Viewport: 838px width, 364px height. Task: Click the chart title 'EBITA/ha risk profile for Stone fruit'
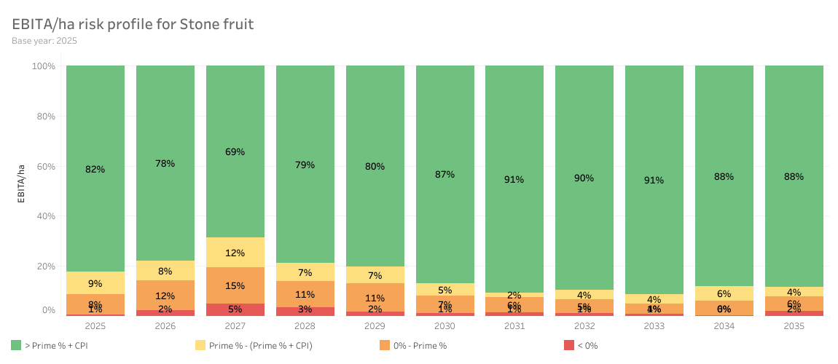click(x=133, y=24)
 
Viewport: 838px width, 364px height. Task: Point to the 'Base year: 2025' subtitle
click(x=44, y=41)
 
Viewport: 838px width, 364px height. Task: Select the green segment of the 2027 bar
click(x=235, y=151)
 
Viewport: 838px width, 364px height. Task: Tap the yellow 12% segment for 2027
click(x=235, y=253)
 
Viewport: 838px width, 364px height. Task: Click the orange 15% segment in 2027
click(x=235, y=285)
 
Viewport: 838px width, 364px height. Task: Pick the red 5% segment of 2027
click(x=235, y=309)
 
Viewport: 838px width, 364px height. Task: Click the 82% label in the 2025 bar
click(x=95, y=169)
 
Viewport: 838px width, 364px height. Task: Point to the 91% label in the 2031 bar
click(x=514, y=179)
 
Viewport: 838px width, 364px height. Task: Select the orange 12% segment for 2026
click(x=165, y=296)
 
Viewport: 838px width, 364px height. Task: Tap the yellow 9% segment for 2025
click(x=95, y=283)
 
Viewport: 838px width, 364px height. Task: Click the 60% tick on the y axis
click(x=44, y=166)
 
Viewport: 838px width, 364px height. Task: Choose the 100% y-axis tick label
click(x=43, y=66)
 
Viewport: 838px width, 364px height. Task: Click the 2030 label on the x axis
click(x=445, y=326)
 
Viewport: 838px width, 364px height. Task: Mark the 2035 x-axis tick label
click(x=794, y=326)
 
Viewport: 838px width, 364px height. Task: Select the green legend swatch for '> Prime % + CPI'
click(x=16, y=345)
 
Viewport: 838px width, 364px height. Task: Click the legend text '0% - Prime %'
click(x=419, y=346)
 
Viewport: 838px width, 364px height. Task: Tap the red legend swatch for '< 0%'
click(x=568, y=345)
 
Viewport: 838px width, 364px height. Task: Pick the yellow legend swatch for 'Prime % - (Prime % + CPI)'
click(x=200, y=345)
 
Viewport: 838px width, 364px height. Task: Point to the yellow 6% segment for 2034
click(x=724, y=293)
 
